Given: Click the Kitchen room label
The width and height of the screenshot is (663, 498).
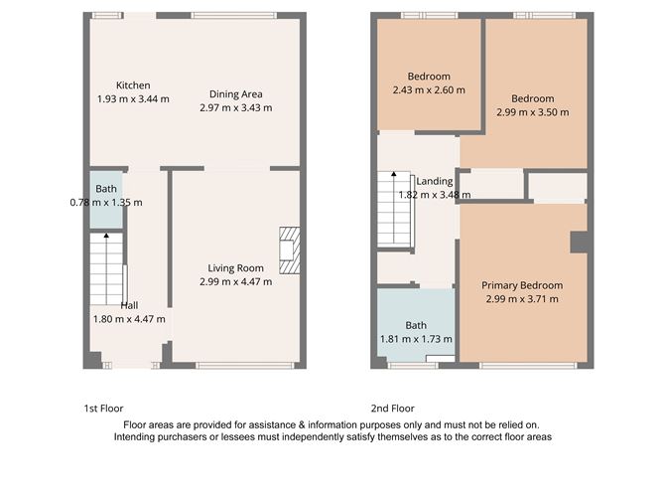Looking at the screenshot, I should (x=133, y=84).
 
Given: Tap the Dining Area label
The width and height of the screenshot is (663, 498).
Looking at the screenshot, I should (x=235, y=94).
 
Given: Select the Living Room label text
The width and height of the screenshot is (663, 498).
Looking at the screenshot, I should (x=235, y=267).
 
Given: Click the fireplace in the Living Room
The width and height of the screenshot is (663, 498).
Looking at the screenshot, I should (x=287, y=249).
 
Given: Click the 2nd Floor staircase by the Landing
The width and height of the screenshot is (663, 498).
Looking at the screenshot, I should (x=394, y=210).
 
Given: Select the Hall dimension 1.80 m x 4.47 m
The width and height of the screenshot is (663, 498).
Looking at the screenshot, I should (x=130, y=319).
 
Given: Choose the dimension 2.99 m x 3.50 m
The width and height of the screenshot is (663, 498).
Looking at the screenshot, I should (x=532, y=112).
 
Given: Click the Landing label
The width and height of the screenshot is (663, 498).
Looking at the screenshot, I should (x=435, y=181).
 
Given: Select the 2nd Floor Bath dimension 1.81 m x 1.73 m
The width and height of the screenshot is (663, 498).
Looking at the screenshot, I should (x=415, y=339).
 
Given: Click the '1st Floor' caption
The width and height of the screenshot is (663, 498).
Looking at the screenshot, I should (x=102, y=409).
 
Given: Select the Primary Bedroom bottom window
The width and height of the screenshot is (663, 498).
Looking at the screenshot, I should (x=527, y=366).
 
